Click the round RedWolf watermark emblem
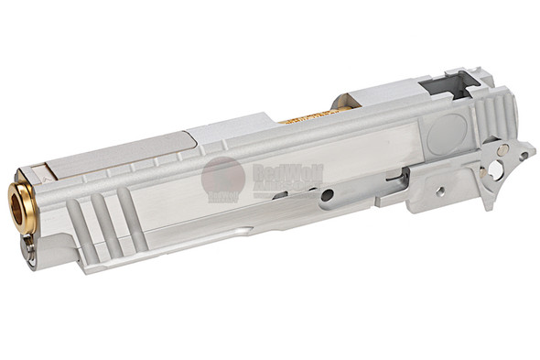click(x=222, y=177)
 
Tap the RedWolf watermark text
click(x=275, y=175)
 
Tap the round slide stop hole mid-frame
click(x=327, y=194)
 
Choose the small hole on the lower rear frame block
click(x=440, y=191)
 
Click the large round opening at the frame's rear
click(x=495, y=170)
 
